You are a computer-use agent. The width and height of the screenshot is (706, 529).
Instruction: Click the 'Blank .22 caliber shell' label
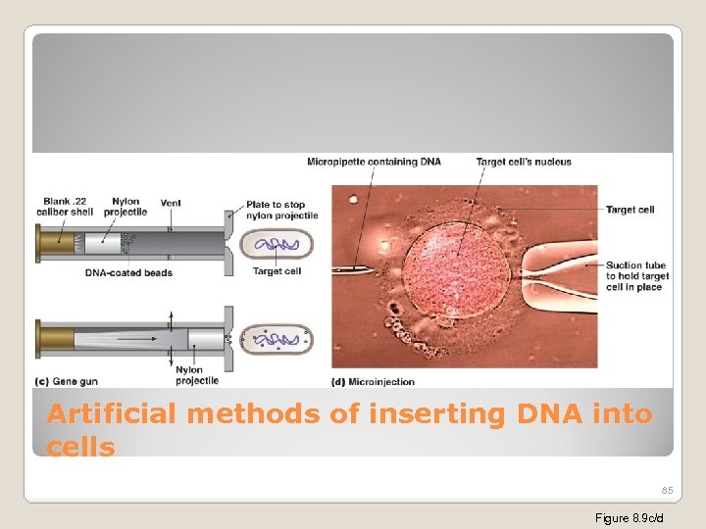[x=66, y=207]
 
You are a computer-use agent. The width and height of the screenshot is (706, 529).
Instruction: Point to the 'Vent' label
[x=171, y=203]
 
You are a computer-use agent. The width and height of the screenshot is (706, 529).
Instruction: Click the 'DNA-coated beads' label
[x=129, y=272]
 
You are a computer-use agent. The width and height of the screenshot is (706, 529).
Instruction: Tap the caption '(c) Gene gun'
[x=67, y=381]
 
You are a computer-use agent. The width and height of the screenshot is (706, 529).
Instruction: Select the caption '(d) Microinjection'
[x=374, y=381]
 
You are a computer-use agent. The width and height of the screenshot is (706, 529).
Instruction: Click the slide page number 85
[x=667, y=490]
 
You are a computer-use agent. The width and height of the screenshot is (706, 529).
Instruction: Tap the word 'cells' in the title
[x=80, y=448]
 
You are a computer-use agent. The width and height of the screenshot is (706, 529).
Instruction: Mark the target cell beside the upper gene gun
[x=277, y=244]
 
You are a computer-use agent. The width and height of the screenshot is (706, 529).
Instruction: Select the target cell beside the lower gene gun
[x=277, y=339]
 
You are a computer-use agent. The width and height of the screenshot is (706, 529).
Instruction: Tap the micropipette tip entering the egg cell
[x=358, y=267]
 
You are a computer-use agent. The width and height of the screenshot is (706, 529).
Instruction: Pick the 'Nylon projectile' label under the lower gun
[x=189, y=375]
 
